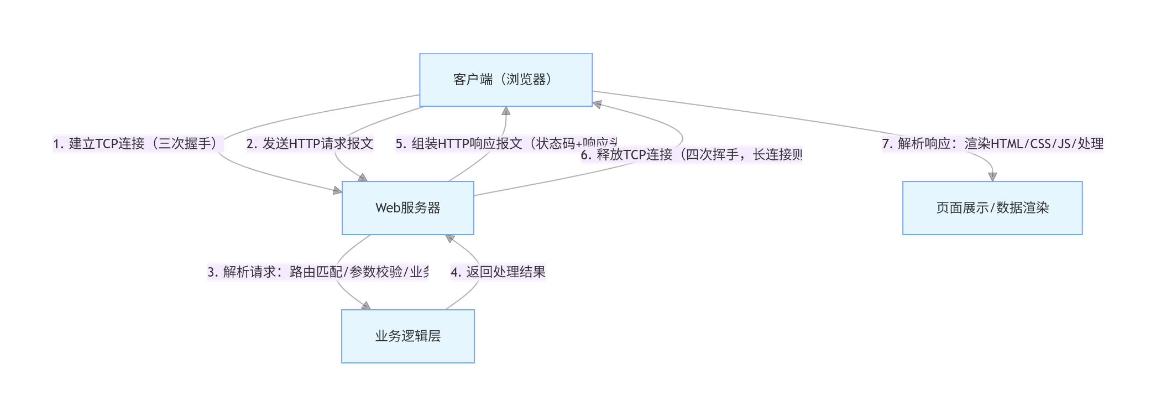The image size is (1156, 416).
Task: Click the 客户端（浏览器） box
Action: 506,80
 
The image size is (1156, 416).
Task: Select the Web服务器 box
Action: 407,208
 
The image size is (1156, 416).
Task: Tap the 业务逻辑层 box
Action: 407,336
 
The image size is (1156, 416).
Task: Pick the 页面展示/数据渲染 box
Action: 992,208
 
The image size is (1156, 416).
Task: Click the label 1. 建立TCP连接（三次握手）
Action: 138,144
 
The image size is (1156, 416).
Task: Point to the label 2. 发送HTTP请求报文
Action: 310,144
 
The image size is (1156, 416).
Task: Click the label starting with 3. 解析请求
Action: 318,272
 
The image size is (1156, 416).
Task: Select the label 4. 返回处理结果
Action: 498,272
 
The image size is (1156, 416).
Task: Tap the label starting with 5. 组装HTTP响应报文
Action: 506,144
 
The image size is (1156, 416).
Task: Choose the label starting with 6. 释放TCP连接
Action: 691,155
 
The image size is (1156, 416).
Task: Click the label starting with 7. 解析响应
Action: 992,144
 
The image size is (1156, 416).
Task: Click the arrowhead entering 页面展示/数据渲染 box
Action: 992,177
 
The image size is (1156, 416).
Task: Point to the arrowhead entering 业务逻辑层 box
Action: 365,306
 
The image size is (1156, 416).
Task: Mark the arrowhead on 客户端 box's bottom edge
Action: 506,111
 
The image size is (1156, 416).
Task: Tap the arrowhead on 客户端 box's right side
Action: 597,103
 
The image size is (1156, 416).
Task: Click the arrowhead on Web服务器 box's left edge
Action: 337,191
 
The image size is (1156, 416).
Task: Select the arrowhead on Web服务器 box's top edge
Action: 363,178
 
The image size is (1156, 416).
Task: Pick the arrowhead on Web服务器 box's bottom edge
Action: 450,238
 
